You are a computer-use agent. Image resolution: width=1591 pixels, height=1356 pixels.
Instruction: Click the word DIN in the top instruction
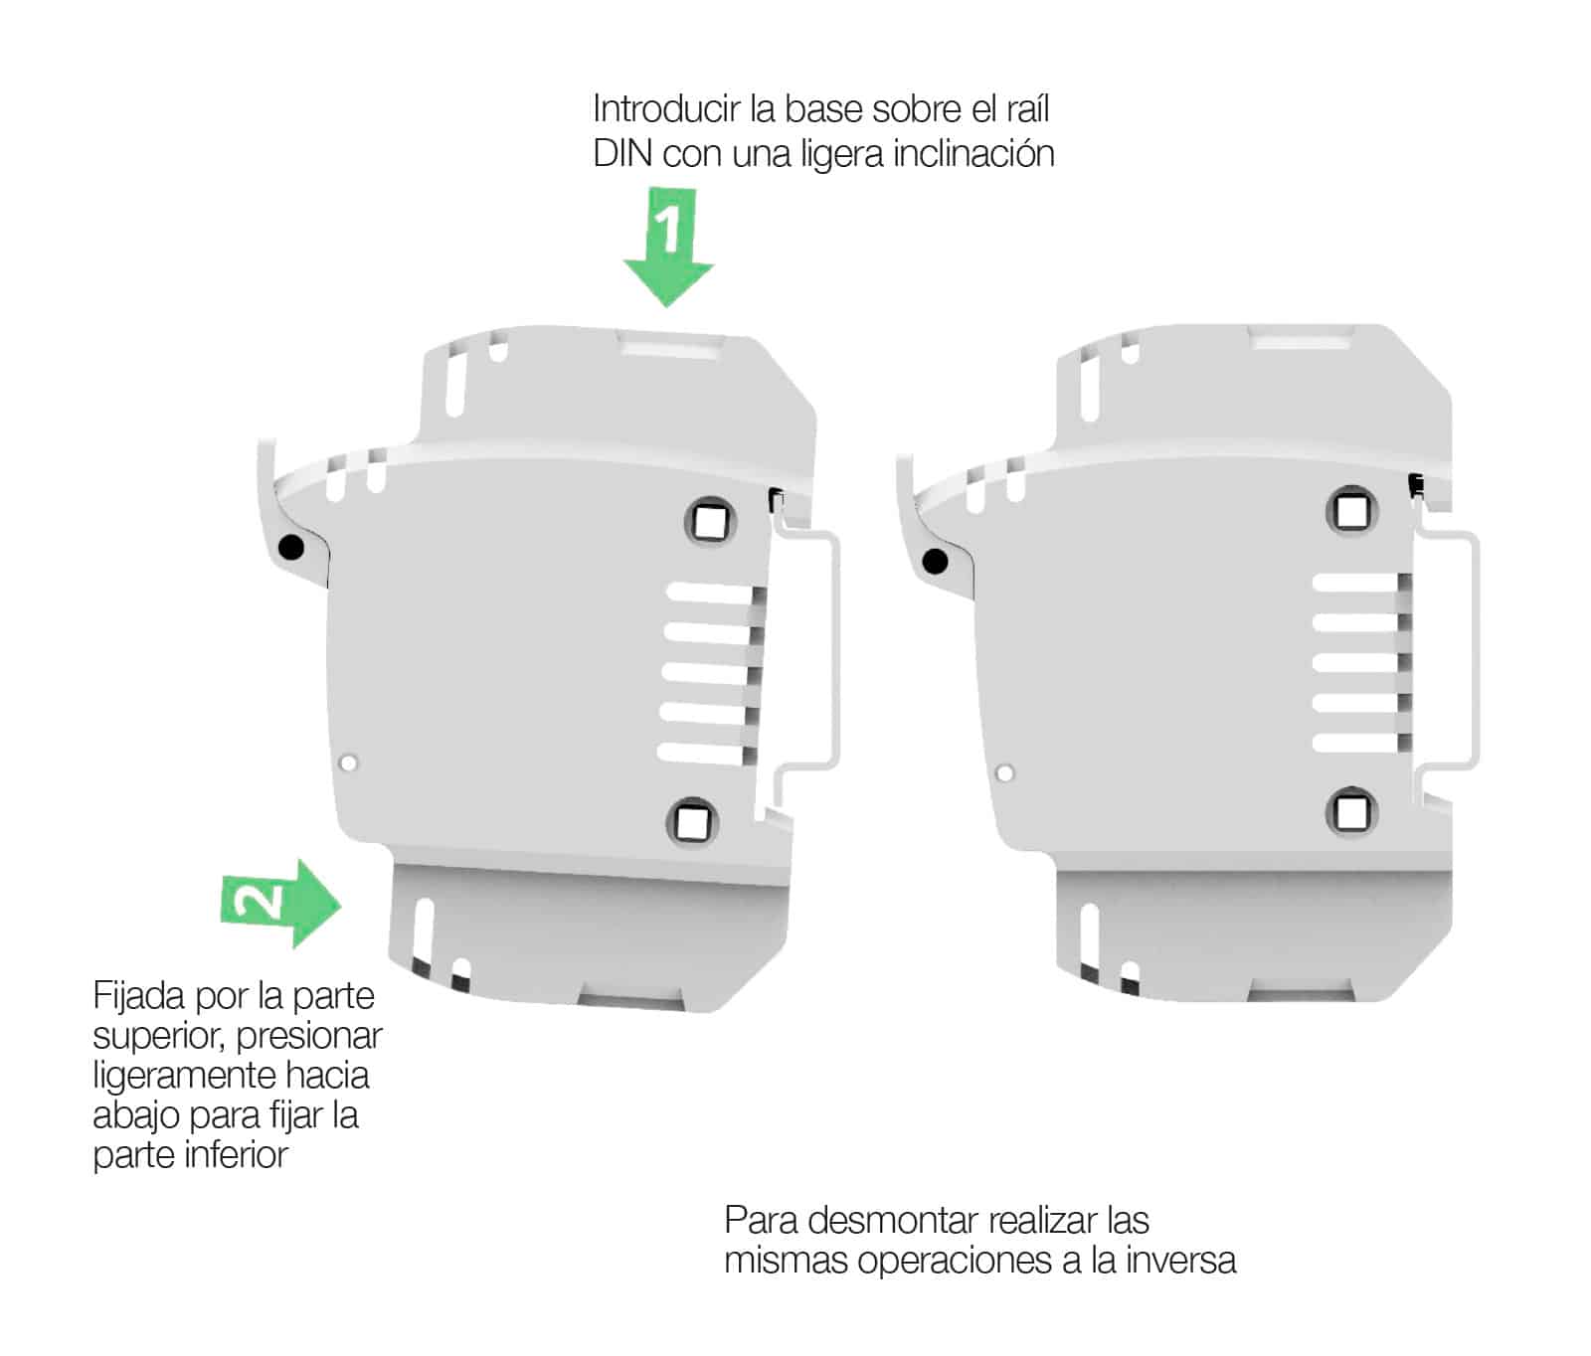click(x=622, y=155)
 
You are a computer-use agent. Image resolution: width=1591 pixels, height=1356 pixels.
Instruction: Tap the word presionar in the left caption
click(x=309, y=1036)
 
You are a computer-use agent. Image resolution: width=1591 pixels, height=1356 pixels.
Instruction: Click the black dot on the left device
click(x=291, y=547)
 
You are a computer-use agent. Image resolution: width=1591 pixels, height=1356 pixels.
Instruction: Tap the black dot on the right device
click(x=936, y=562)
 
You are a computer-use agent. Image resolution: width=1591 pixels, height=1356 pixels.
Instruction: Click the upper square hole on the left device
click(x=710, y=520)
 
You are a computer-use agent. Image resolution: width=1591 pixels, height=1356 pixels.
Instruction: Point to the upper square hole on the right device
click(x=1351, y=511)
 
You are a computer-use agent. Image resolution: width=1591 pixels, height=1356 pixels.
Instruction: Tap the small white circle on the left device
click(x=348, y=763)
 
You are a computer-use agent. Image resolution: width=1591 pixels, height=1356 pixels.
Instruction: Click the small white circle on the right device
click(x=1004, y=772)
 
